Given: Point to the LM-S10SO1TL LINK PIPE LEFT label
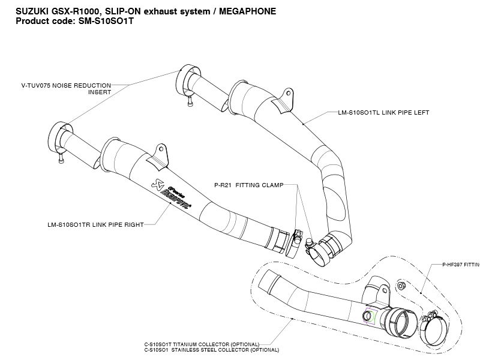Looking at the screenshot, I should pos(383,112).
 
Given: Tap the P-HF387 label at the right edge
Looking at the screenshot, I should pos(461,264).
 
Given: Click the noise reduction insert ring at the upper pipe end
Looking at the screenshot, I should pos(185,77).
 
